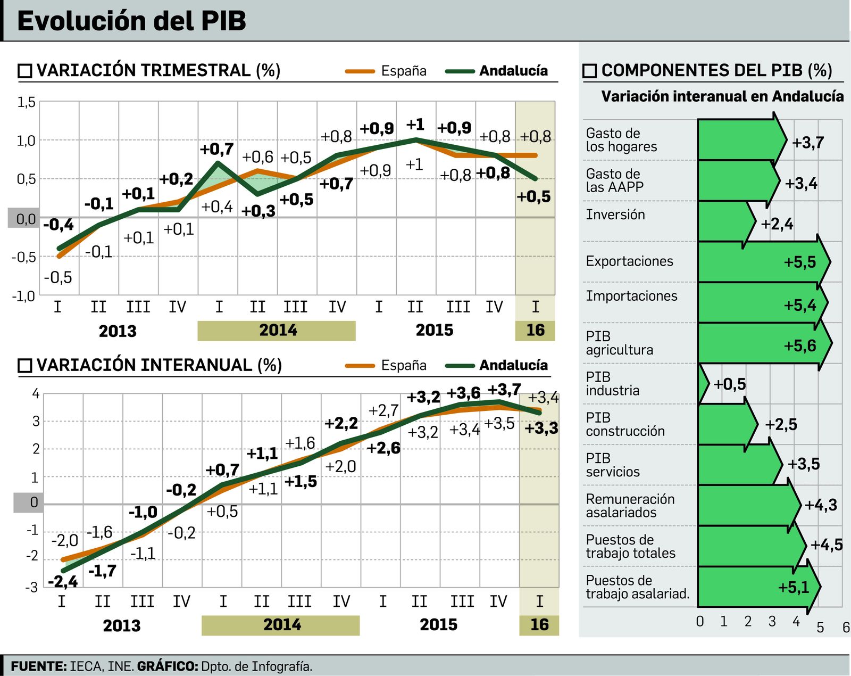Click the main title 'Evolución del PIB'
(131, 21)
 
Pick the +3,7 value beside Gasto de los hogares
(807, 143)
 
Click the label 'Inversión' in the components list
(615, 215)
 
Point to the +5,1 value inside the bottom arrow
(793, 587)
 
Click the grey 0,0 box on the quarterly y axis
(24, 218)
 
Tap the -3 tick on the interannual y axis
(32, 587)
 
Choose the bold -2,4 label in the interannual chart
(63, 582)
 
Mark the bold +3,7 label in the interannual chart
(504, 390)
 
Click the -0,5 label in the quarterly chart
(57, 277)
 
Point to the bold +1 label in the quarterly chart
(415, 125)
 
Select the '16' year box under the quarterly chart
(535, 331)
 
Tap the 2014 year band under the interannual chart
(281, 625)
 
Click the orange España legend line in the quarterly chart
(360, 71)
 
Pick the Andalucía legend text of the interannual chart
(513, 365)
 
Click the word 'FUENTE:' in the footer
(38, 666)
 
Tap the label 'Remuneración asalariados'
(630, 506)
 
